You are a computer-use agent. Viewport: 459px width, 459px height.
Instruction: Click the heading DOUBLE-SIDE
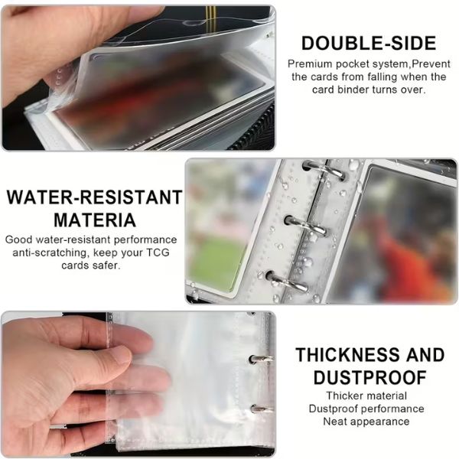click(369, 43)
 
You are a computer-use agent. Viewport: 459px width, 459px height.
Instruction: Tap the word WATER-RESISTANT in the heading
click(94, 197)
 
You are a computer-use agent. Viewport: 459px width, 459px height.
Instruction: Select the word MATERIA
click(95, 220)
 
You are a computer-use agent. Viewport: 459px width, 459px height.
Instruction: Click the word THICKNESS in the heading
click(346, 354)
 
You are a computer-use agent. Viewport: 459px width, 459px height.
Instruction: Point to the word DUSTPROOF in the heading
click(369, 377)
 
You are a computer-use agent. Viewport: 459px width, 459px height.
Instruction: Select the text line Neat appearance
click(366, 422)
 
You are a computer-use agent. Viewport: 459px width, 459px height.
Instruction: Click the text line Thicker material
click(366, 396)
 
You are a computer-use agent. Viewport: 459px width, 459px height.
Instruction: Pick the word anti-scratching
click(50, 252)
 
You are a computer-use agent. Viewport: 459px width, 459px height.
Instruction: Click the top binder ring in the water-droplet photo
click(324, 170)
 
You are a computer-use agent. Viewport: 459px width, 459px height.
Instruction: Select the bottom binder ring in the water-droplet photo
click(288, 281)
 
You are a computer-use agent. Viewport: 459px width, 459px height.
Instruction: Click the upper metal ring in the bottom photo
click(261, 359)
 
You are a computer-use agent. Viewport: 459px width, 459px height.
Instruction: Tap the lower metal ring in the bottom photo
click(262, 409)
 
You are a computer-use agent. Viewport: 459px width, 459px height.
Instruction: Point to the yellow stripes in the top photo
click(210, 14)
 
